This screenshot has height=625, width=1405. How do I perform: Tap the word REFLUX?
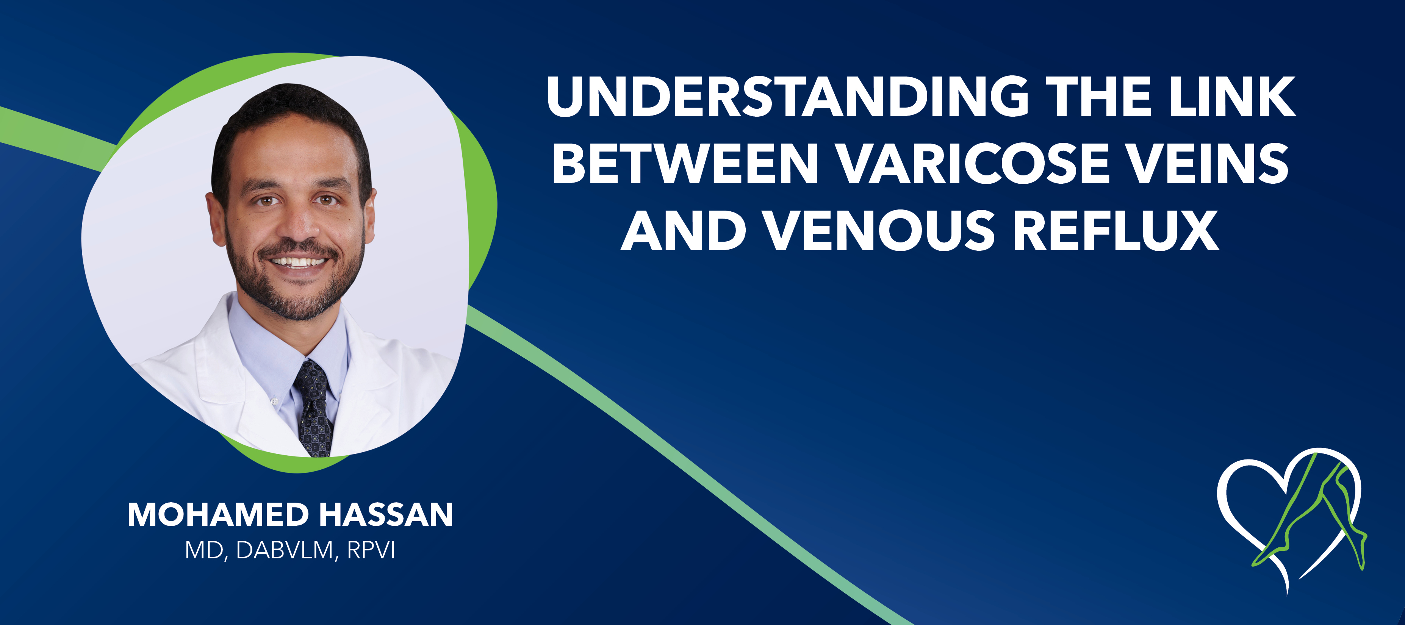(x=1116, y=231)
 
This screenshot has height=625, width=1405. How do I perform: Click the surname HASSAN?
(x=386, y=515)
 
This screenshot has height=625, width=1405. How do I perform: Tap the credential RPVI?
(x=371, y=551)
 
